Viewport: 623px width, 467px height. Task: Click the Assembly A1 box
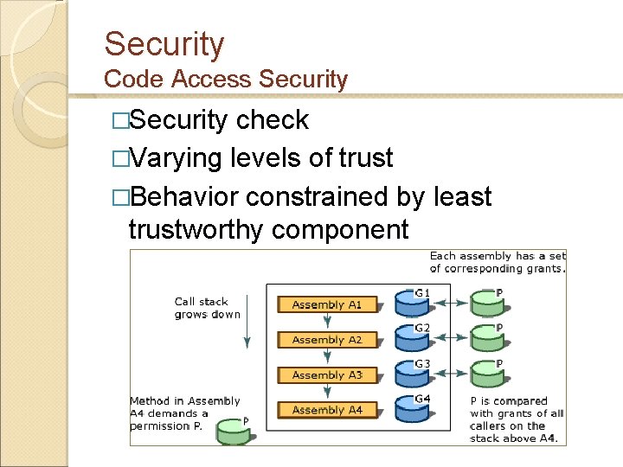[326, 304]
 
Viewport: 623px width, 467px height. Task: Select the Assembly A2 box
[326, 340]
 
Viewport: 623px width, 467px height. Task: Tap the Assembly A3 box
[326, 375]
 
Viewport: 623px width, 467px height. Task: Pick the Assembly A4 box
[326, 410]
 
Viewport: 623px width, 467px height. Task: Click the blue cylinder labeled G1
[413, 304]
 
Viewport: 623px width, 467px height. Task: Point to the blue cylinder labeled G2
[413, 338]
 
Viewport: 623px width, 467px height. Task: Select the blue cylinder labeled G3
[413, 373]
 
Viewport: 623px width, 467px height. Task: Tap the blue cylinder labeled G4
[413, 409]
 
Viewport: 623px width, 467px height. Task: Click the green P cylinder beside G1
[488, 304]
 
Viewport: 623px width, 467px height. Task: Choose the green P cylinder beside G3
[488, 374]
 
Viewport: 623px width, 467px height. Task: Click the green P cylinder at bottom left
[233, 431]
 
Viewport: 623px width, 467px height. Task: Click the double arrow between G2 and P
[450, 339]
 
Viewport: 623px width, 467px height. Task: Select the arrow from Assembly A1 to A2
[327, 322]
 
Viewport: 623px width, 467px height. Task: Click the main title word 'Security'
[164, 44]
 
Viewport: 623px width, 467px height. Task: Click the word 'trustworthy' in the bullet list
[196, 229]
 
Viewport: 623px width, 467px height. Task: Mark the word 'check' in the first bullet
[273, 120]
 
